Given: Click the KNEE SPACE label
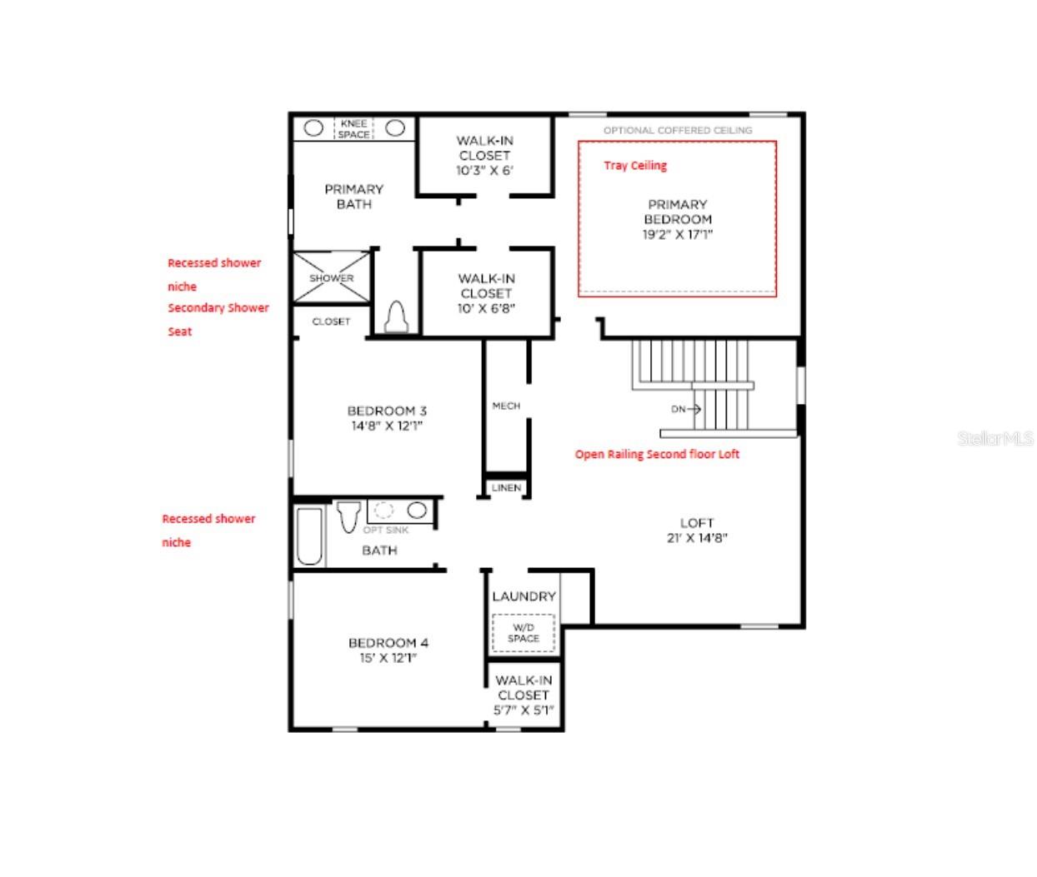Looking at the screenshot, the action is click(353, 129).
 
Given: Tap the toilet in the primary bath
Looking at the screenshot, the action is click(396, 316).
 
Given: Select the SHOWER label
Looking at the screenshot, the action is click(331, 278).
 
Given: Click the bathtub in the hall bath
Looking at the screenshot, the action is click(309, 536).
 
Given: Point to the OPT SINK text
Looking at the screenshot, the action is click(385, 531).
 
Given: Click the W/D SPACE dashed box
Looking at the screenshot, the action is click(524, 633).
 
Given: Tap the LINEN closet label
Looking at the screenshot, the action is click(506, 487).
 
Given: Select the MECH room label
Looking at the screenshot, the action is click(506, 406).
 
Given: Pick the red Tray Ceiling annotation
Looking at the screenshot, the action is click(635, 166).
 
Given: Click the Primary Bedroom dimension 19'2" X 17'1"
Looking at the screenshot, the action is click(677, 235).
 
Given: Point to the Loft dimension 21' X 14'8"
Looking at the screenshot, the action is click(697, 538).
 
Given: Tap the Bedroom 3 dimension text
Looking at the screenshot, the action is click(387, 426).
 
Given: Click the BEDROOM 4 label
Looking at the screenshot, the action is click(388, 643).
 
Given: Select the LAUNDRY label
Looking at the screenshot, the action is click(524, 596).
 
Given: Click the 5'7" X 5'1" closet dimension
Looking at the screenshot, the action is click(524, 710).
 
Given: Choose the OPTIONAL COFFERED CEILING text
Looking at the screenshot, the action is click(678, 130).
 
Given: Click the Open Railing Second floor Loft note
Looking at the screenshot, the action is click(657, 455).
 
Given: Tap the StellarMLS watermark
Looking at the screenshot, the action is click(995, 438).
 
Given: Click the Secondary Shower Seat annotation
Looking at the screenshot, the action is click(218, 319).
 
